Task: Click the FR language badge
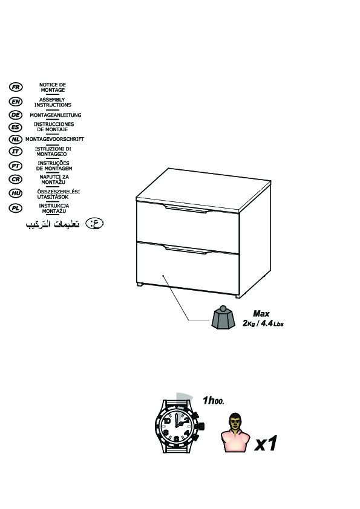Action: (x=16, y=87)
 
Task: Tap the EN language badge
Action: (x=16, y=102)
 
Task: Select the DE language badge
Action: (x=16, y=115)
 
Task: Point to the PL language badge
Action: (x=16, y=208)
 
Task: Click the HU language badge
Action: (x=16, y=193)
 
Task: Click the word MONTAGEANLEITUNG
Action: (x=56, y=115)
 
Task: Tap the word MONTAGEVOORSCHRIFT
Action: (x=54, y=139)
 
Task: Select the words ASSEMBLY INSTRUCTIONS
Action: (x=53, y=102)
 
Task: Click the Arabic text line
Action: (x=53, y=224)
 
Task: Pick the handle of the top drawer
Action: (x=186, y=209)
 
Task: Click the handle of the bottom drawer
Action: (x=186, y=249)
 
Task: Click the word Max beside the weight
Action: (x=261, y=314)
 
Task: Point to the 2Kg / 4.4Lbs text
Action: (x=263, y=323)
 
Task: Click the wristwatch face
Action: (x=177, y=426)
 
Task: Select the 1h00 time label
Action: (x=213, y=401)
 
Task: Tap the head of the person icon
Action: (x=235, y=421)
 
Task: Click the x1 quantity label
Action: (x=266, y=444)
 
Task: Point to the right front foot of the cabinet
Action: (x=238, y=296)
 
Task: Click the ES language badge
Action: (x=16, y=127)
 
